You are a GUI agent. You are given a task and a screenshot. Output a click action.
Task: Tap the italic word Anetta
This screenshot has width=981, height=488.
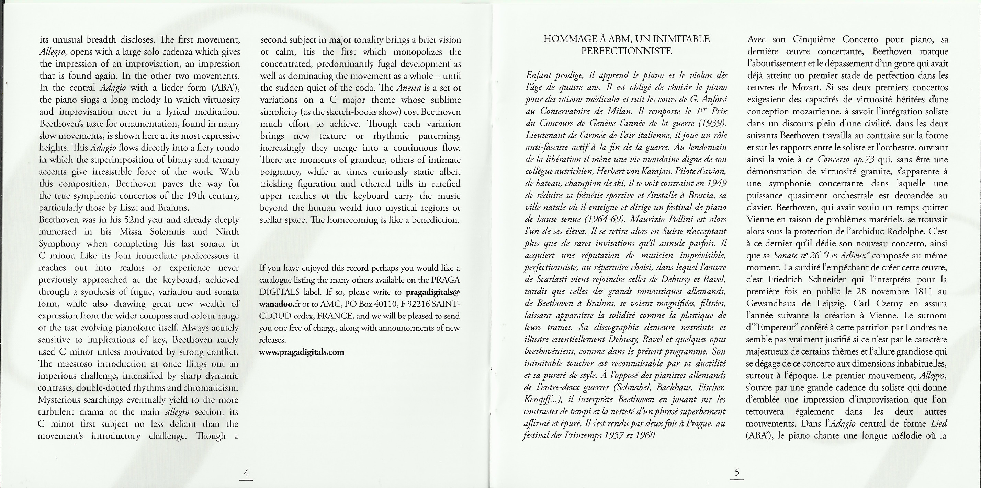click(x=409, y=88)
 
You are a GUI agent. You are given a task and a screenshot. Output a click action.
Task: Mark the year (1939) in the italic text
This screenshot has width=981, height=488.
click(x=711, y=124)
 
